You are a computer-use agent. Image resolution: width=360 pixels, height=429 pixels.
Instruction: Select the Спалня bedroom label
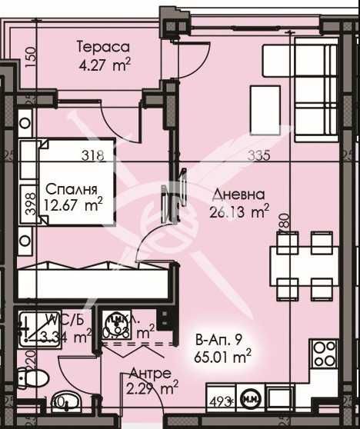(71, 189)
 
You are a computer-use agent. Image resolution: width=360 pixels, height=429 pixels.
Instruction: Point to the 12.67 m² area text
(75, 205)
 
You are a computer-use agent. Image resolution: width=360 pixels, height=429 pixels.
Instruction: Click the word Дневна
(239, 195)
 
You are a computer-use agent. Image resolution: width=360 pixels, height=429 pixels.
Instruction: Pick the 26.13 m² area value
(240, 210)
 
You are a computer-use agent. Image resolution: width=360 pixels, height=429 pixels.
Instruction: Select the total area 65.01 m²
(225, 356)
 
